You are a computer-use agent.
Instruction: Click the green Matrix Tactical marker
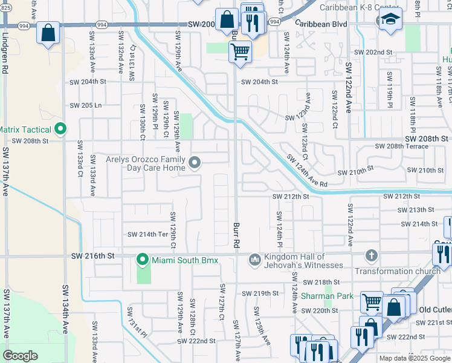60,129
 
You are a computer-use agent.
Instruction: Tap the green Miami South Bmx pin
143,260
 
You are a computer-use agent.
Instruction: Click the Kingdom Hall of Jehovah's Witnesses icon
254,260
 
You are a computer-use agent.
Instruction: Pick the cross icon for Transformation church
371,257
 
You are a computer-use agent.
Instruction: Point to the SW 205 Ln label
85,105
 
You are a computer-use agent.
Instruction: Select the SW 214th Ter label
147,234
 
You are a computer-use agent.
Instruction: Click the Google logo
20,355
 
